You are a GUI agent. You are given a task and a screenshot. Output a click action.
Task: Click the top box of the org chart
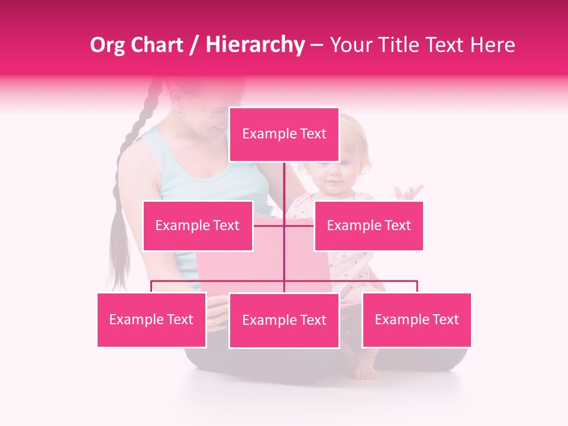[x=284, y=134]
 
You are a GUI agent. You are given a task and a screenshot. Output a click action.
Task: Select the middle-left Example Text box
[x=198, y=225]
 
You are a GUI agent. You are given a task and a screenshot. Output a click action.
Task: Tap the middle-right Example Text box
[x=369, y=225]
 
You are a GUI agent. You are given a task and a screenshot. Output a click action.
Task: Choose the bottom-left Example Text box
[x=151, y=319]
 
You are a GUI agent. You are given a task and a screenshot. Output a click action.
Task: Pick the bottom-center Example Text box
[x=284, y=320]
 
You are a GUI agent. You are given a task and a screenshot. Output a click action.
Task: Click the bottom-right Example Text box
[x=417, y=319]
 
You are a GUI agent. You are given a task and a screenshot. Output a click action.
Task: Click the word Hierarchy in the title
[x=254, y=45]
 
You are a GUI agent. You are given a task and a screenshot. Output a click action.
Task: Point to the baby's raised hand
[x=409, y=193]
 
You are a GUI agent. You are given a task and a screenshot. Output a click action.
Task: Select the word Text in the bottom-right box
[x=446, y=319]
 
